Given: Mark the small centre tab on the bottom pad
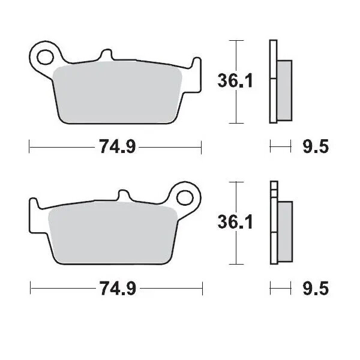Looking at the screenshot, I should [x=124, y=196].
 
